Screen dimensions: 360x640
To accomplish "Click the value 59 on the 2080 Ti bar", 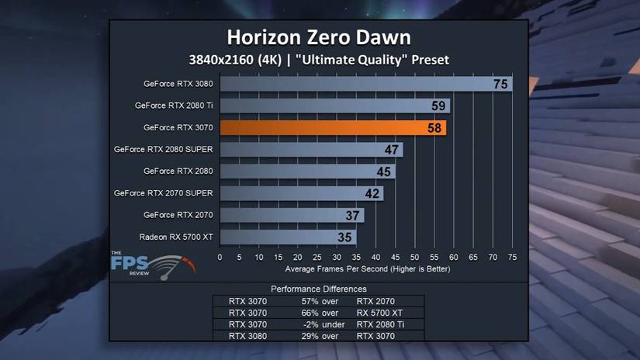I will tap(439, 106).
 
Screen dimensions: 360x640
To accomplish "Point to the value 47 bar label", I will tap(393, 149).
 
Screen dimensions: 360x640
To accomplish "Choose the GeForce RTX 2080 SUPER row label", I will tap(163, 149).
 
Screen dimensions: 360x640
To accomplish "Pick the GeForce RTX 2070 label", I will tap(178, 215).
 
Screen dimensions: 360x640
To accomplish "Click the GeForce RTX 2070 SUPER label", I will tap(163, 192).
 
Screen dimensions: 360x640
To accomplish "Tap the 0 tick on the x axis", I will tap(220, 258).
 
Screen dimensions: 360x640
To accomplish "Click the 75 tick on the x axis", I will tap(512, 258).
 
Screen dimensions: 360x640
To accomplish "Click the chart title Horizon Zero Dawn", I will tap(318, 37).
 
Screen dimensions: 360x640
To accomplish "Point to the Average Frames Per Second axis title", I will tap(367, 269).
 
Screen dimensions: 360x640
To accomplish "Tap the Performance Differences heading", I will tap(319, 289).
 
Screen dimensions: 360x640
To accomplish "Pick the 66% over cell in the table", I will tap(320, 313).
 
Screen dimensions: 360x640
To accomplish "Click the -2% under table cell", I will tap(320, 324).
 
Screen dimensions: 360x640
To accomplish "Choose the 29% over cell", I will tap(320, 336).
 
